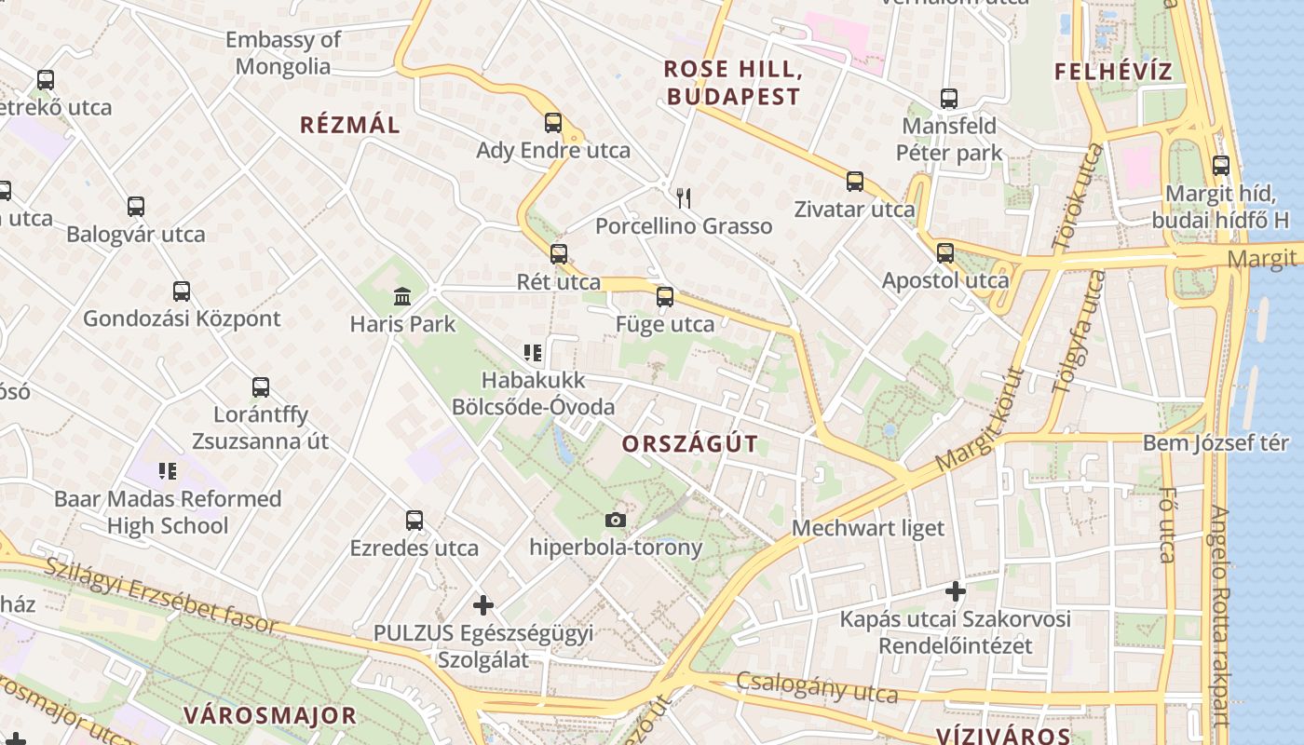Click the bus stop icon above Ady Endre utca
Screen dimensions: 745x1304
[553, 123]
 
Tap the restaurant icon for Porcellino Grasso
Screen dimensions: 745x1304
[684, 197]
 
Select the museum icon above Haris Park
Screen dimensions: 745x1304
[402, 296]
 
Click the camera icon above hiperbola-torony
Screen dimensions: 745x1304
[616, 520]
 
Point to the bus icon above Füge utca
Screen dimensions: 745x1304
[664, 297]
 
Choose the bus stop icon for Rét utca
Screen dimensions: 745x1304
[559, 253]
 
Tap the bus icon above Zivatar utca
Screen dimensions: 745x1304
[855, 182]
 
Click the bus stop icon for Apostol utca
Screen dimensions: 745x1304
[945, 252]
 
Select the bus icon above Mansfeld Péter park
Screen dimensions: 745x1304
[949, 98]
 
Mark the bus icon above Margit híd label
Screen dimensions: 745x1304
[1220, 166]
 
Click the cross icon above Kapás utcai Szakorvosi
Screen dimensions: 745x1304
[955, 590]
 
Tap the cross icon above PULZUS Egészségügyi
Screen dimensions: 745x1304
[482, 605]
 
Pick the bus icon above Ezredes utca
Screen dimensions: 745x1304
[414, 521]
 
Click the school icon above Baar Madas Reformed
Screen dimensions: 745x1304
[168, 471]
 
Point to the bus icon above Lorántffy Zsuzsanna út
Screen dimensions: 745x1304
[261, 386]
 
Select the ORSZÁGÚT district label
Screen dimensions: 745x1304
[690, 443]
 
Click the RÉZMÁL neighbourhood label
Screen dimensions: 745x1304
[349, 125]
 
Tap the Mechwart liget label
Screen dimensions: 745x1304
[868, 528]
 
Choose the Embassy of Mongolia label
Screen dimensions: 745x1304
[283, 53]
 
